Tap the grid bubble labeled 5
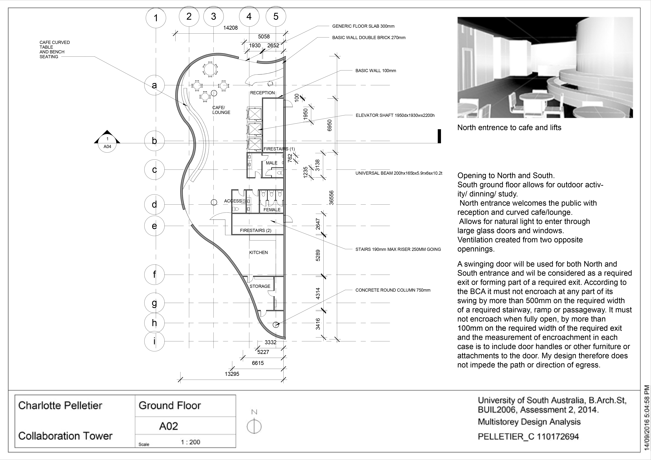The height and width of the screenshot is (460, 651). pos(276,16)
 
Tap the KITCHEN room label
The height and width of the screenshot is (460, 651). pos(258,252)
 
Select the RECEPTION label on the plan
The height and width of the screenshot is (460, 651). pos(262,93)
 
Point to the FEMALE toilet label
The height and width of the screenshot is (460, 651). pos(272,210)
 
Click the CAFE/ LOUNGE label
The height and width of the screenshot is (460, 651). pos(221,110)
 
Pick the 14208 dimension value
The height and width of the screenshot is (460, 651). pos(231,28)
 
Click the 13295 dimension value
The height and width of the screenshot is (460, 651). pos(232,374)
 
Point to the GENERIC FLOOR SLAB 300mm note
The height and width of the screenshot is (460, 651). pos(363,26)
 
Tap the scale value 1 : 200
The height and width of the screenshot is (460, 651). pos(190,442)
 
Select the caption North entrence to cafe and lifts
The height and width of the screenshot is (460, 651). pos(509,128)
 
